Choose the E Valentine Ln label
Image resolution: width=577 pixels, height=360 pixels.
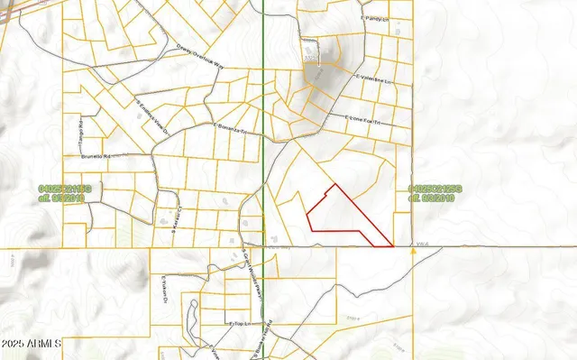click(x=376, y=80)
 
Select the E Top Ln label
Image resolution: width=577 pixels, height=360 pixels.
click(x=238, y=321)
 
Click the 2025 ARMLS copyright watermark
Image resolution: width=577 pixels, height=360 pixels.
click(x=32, y=344)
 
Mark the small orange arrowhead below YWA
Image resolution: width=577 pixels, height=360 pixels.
click(x=413, y=253)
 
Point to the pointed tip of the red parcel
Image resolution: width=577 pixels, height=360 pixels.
click(x=393, y=245)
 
